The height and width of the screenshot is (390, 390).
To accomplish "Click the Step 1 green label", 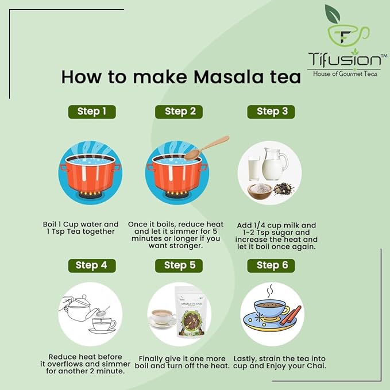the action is coord(92,111).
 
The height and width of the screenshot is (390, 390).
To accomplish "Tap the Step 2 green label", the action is coord(179,111).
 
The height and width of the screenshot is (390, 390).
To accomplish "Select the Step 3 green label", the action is coord(271,111).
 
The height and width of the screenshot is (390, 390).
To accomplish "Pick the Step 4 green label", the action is coord(92,265).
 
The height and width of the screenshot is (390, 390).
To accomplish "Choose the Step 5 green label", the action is coord(179,265).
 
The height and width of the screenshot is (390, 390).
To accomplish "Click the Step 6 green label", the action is coord(271,265).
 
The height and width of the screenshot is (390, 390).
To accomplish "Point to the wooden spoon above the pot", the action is coord(206,148).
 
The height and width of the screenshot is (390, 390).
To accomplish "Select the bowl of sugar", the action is coord(260,191).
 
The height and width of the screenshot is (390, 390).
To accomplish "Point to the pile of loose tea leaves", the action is coord(284,189).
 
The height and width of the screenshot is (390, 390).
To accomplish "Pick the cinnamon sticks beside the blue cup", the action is coord(291,315).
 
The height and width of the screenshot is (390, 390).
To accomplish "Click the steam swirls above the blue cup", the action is coord(270,291).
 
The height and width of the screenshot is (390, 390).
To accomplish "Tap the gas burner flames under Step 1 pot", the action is coord(90,193).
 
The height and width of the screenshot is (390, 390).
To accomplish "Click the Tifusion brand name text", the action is coord(345,59).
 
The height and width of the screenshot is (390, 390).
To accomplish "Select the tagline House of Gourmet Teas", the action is coord(345,74).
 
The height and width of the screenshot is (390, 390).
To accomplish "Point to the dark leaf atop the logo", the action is coord(333,13).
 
